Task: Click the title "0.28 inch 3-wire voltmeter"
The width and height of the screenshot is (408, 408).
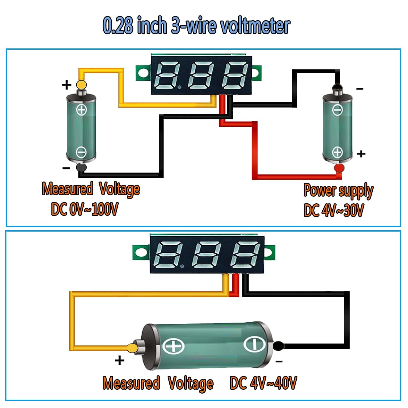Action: (196, 25)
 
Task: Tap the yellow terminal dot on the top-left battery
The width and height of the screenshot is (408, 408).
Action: (81, 84)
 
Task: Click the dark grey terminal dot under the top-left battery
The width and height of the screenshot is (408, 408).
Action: (81, 168)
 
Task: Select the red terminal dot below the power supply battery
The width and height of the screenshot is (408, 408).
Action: (339, 168)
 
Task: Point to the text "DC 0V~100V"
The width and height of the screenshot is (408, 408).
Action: (85, 209)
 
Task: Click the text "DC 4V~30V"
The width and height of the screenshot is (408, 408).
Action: (334, 210)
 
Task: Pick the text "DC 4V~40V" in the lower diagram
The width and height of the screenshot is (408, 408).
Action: (263, 383)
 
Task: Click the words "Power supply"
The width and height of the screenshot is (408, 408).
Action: (338, 191)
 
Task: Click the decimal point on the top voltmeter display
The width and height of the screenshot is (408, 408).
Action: (180, 87)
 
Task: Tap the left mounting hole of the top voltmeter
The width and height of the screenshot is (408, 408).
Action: (143, 72)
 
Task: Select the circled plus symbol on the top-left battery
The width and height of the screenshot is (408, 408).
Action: (81, 110)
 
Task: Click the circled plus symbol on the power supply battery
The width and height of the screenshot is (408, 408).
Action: (337, 152)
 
